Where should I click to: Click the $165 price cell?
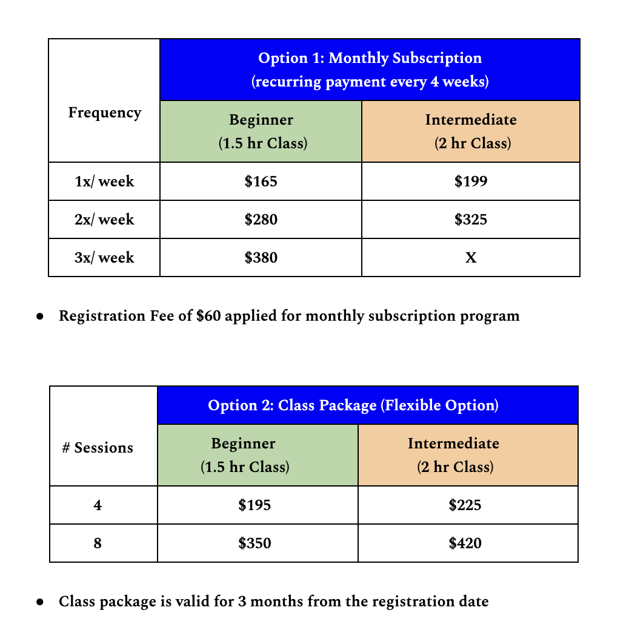point(261,182)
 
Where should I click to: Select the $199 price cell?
point(470,182)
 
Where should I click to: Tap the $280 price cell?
point(261,220)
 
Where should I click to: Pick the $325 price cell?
point(470,220)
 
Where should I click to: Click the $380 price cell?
point(261,258)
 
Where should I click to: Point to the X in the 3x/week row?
point(470,258)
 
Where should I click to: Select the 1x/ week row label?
point(104,182)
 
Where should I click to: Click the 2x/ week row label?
point(104,220)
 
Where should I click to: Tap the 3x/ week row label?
point(104,258)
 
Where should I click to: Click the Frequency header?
point(104,113)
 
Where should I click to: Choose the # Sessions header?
point(98,448)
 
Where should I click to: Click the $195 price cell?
point(255,505)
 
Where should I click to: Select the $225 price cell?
point(465,505)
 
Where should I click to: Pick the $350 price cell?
point(255,543)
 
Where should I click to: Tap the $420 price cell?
point(465,543)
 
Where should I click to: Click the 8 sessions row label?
point(98,543)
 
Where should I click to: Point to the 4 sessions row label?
point(98,505)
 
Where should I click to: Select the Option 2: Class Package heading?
point(353,405)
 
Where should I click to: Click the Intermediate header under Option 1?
point(470,120)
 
